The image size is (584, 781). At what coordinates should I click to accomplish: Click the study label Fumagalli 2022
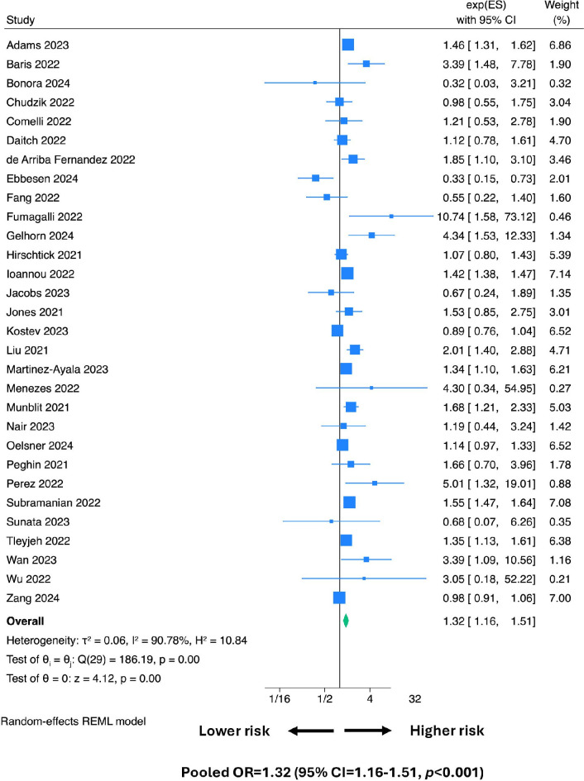(x=45, y=217)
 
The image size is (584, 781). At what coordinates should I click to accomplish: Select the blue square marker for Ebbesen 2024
(x=315, y=178)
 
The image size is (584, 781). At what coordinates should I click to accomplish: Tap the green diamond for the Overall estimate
(x=346, y=621)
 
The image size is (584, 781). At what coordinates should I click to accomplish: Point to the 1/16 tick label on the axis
(x=280, y=699)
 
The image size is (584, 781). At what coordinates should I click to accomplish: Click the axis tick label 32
(x=415, y=699)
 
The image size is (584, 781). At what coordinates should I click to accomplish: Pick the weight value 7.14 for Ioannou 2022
(x=560, y=274)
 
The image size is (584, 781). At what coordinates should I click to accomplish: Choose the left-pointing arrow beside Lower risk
(x=311, y=731)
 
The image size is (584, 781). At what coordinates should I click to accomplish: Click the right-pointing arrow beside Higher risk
(x=368, y=731)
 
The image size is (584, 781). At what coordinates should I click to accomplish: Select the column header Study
(x=21, y=20)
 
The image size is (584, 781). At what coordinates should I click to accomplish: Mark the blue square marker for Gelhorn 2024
(x=371, y=235)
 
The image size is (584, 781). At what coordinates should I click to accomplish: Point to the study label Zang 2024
(x=33, y=598)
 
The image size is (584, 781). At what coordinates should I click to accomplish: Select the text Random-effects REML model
(x=74, y=721)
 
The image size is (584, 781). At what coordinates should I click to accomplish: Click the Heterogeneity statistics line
(x=127, y=640)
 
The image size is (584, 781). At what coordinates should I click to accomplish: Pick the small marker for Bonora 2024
(x=314, y=83)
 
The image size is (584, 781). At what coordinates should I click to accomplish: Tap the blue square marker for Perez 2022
(x=375, y=483)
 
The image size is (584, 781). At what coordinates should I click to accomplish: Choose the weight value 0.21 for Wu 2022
(x=560, y=579)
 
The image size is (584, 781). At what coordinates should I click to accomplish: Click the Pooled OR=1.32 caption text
(x=333, y=772)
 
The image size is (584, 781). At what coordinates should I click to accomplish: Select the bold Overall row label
(x=25, y=621)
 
